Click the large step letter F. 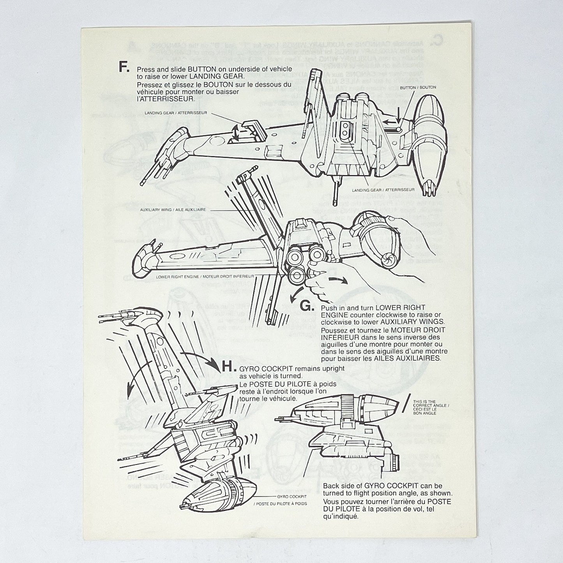coord(124,67)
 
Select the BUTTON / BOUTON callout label coord(418,87)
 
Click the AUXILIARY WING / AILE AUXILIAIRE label coord(173,209)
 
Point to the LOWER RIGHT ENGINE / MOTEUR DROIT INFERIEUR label coord(205,276)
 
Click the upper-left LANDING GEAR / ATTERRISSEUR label coord(175,113)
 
